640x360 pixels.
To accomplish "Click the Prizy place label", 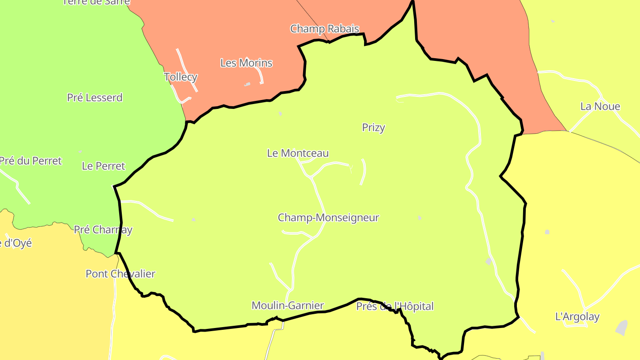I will pos(373,128).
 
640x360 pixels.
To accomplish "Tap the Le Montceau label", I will pos(298,153).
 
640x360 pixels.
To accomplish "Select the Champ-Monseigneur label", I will pos(328,218).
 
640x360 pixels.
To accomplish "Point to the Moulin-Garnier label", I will pos(288,306).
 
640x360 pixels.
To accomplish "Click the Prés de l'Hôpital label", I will pos(395,306).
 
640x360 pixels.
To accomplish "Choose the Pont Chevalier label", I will pos(120,274).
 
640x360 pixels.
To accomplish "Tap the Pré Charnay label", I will pos(103,230).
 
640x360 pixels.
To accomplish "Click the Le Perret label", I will pos(104,166).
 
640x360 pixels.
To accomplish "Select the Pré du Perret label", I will pos(30,161).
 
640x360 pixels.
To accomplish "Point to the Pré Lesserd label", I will pos(95,98).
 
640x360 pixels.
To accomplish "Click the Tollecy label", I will pos(180,77).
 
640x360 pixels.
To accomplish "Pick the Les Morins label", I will pos(246,63).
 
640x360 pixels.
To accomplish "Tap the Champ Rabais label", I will pos(324,29).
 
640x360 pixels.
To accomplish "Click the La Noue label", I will pos(600,107).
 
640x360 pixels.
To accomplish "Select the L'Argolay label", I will pos(577,317).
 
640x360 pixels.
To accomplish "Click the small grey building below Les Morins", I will pos(247,84).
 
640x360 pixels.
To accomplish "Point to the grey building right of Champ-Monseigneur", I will pos(420,218).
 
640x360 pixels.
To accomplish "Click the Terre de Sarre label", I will pos(96,2).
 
